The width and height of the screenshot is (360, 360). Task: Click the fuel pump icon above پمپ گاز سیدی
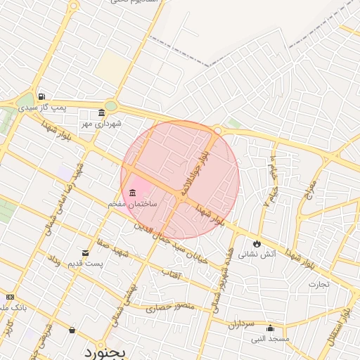tap(41, 97)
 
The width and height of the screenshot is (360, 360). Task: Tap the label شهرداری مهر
tap(101, 124)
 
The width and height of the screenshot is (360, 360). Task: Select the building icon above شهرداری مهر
tap(102, 113)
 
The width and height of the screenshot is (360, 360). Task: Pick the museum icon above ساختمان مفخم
tap(133, 193)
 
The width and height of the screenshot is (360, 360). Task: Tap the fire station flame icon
tap(257, 243)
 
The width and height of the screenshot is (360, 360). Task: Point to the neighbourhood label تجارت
tap(319, 284)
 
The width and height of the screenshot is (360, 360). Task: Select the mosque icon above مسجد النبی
tap(270, 328)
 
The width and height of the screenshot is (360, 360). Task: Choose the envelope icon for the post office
tap(86, 253)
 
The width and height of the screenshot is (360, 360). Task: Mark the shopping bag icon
tap(72, 329)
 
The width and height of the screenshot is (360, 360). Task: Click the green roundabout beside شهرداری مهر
tap(110, 106)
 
